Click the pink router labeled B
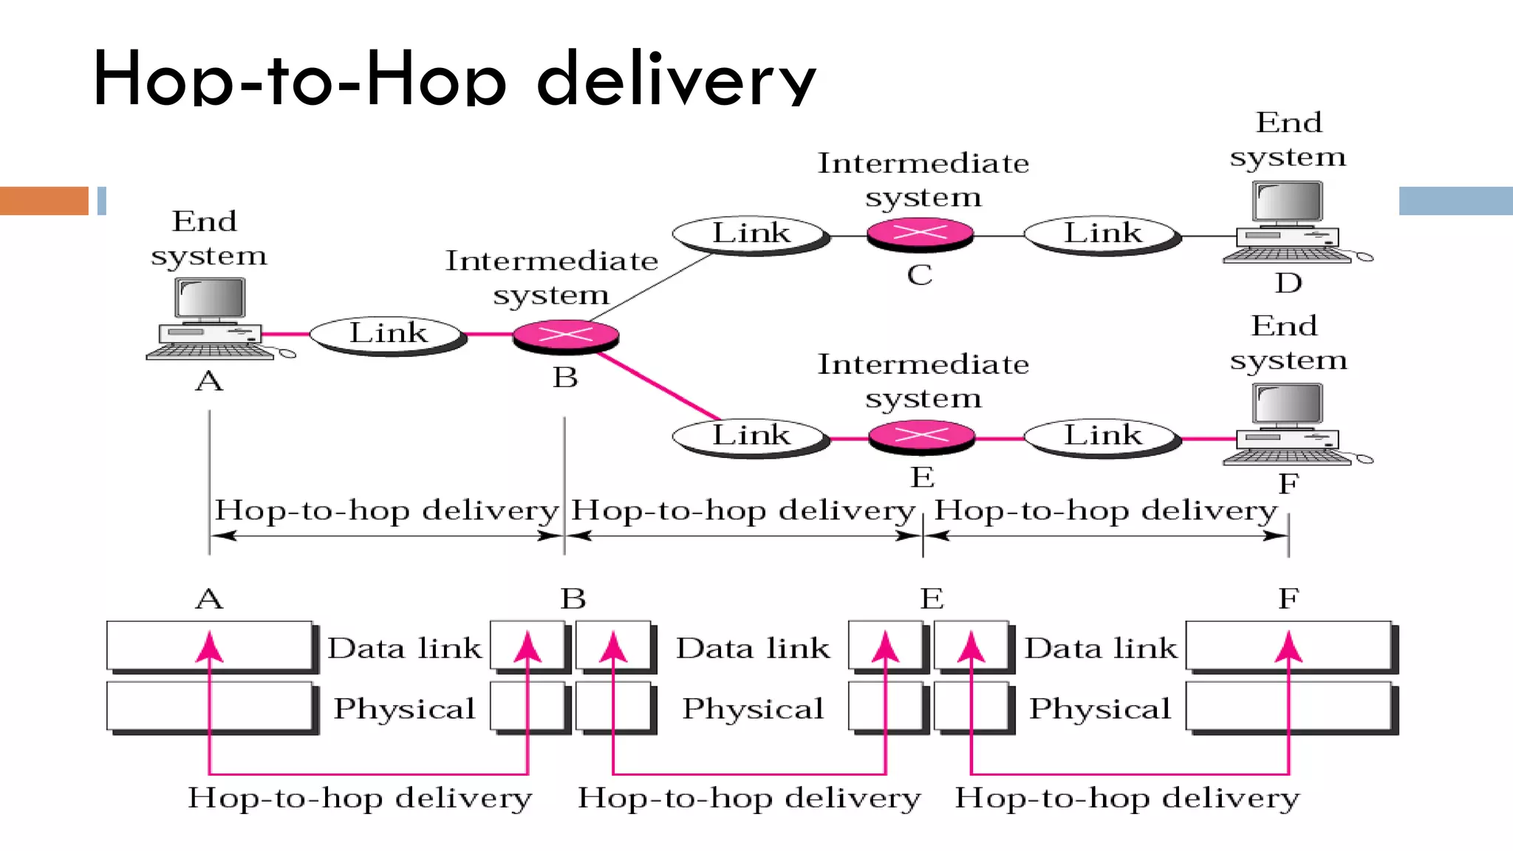pos(565,335)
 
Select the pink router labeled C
pos(920,233)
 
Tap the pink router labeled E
pos(921,436)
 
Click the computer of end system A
pos(211,318)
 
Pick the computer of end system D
pos(1288,222)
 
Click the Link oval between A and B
pos(387,334)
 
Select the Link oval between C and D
pos(1102,234)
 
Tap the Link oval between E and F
pos(1102,436)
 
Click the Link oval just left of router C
pos(750,234)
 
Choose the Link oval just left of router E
pos(750,436)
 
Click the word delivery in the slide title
pos(676,80)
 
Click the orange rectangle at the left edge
pos(44,201)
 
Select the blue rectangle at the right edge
pos(1455,201)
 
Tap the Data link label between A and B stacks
pos(404,649)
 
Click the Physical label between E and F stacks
pos(1100,709)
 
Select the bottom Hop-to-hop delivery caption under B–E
pos(749,799)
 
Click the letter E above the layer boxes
pos(932,598)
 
